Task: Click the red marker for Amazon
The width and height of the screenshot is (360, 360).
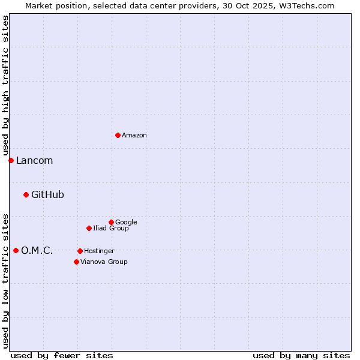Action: coord(118,135)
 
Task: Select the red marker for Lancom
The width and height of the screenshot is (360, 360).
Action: coord(11,160)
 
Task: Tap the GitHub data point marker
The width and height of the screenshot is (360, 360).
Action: coord(26,194)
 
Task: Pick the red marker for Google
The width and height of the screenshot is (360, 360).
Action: coord(111,222)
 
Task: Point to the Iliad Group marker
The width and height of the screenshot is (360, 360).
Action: coord(89,228)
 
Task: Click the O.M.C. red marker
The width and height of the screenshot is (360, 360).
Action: coord(16,250)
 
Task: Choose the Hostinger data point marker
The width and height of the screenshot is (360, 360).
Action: coord(80,251)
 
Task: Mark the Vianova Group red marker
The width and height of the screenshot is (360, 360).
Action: coord(76,262)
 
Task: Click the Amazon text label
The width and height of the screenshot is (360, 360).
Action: coord(134,136)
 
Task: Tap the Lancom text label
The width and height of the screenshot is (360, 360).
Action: coord(34,161)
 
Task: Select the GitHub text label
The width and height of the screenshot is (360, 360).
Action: coord(47,195)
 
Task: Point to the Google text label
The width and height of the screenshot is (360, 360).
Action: coord(126,223)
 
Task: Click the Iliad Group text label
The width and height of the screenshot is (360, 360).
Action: coord(111,229)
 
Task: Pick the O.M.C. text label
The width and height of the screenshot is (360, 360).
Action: coord(37,251)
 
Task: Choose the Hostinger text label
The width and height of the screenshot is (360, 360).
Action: coord(99,251)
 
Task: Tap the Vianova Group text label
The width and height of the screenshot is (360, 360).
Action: coord(104,262)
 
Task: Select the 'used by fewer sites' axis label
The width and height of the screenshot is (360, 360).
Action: coord(62,355)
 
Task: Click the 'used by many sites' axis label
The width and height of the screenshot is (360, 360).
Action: coord(301,355)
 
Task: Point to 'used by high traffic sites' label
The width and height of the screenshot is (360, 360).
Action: coord(5,85)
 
